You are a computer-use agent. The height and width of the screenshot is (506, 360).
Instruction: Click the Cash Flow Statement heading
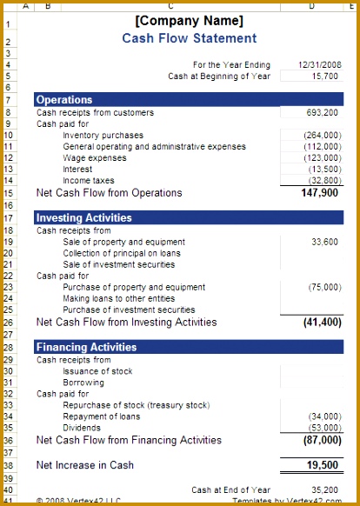(189, 38)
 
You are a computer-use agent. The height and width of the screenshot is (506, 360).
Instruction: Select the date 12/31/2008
(318, 64)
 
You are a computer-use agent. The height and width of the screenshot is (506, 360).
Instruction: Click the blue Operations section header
(64, 100)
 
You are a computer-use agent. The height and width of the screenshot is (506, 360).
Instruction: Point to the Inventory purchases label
(103, 135)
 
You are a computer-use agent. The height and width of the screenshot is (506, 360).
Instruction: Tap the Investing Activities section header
(83, 217)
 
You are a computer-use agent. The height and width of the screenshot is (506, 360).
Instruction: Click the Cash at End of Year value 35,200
(325, 489)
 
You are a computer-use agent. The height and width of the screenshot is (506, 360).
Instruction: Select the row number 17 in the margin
(8, 217)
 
